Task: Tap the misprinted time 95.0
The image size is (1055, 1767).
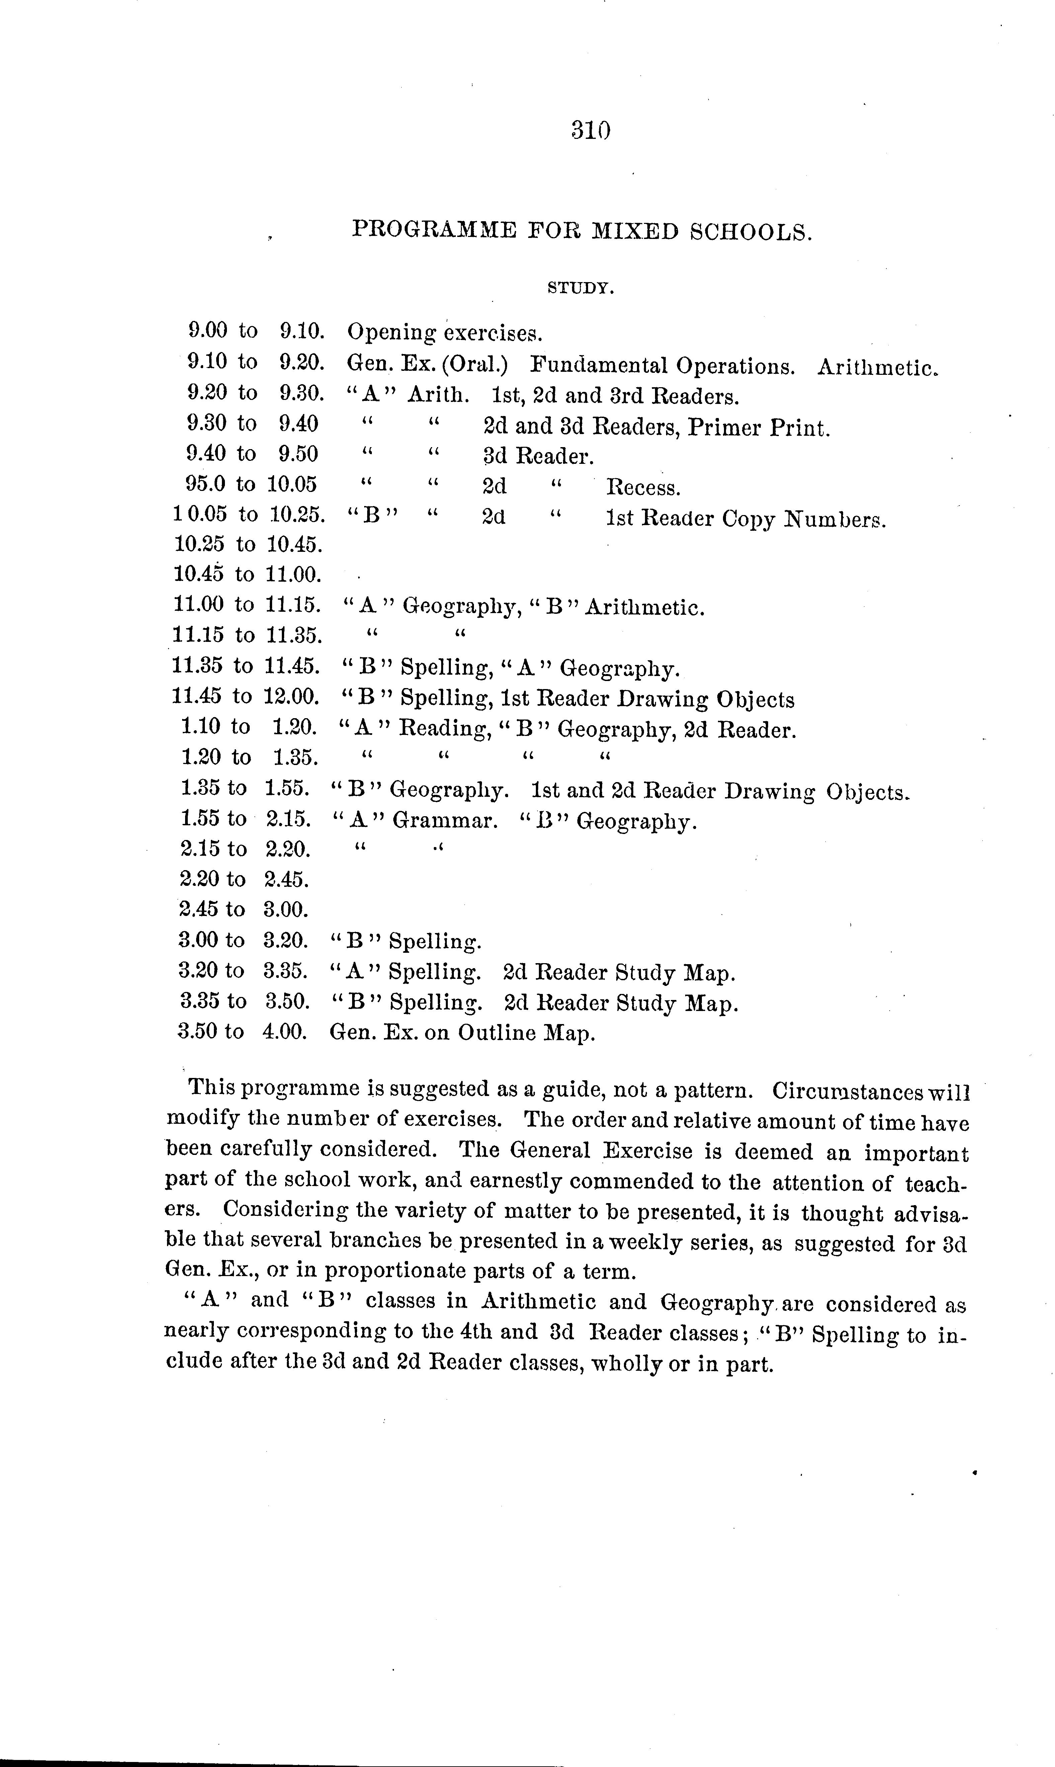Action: click(206, 484)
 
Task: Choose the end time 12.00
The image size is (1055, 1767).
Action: click(292, 696)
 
